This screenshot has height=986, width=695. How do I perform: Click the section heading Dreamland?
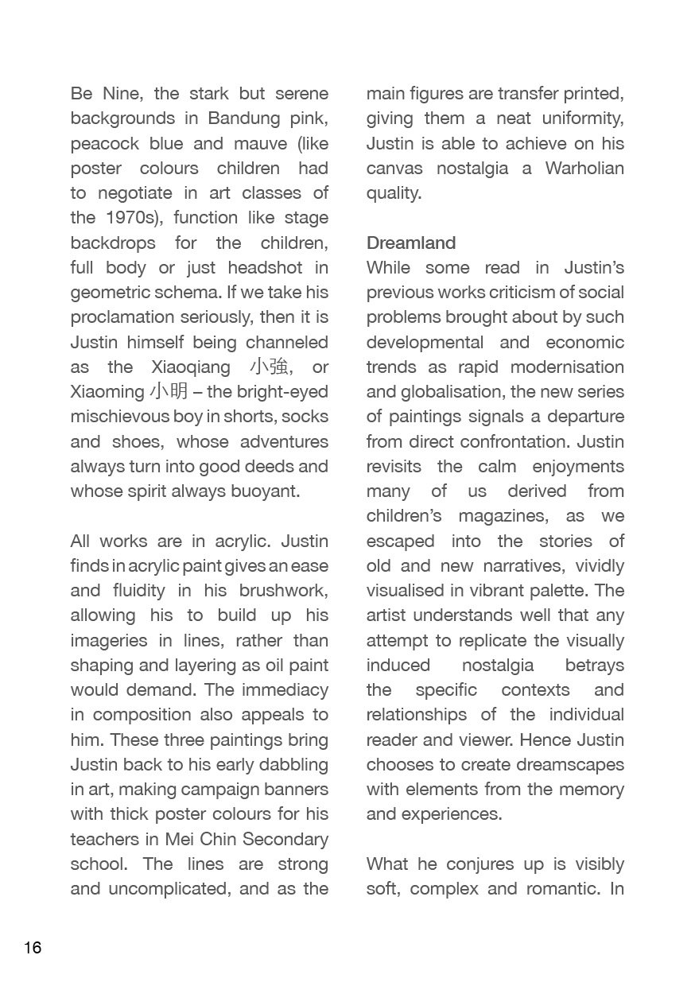[411, 243]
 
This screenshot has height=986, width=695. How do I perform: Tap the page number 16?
[33, 948]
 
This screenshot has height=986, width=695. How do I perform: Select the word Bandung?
[244, 118]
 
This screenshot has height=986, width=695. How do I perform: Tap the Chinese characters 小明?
[168, 392]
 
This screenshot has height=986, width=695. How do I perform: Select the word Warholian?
[584, 169]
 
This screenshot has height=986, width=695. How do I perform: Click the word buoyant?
[266, 491]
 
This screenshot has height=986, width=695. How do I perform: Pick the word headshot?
[266, 268]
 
